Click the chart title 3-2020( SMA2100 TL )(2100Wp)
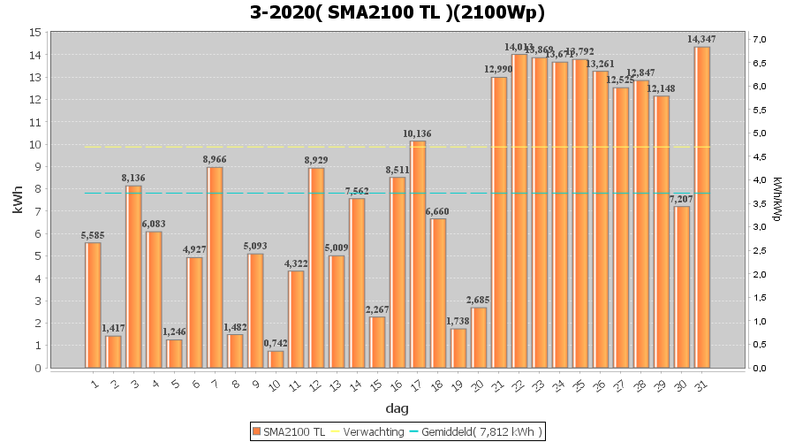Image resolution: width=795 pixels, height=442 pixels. pos(397,12)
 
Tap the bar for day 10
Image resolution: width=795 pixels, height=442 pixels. pos(276,359)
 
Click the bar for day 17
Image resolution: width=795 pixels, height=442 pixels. pos(418,255)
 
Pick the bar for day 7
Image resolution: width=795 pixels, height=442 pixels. pos(215,267)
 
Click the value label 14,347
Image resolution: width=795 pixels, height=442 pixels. pos(702,39)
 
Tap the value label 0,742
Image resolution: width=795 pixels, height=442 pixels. pos(276,343)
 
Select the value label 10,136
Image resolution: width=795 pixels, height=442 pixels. pos(418,133)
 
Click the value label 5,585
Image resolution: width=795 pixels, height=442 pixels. pos(93,235)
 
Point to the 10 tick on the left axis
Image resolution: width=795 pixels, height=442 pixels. pos(35,144)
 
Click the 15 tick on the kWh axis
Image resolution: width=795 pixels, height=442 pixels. pos(35,32)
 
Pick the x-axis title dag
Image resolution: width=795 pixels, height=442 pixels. pos(397,408)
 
